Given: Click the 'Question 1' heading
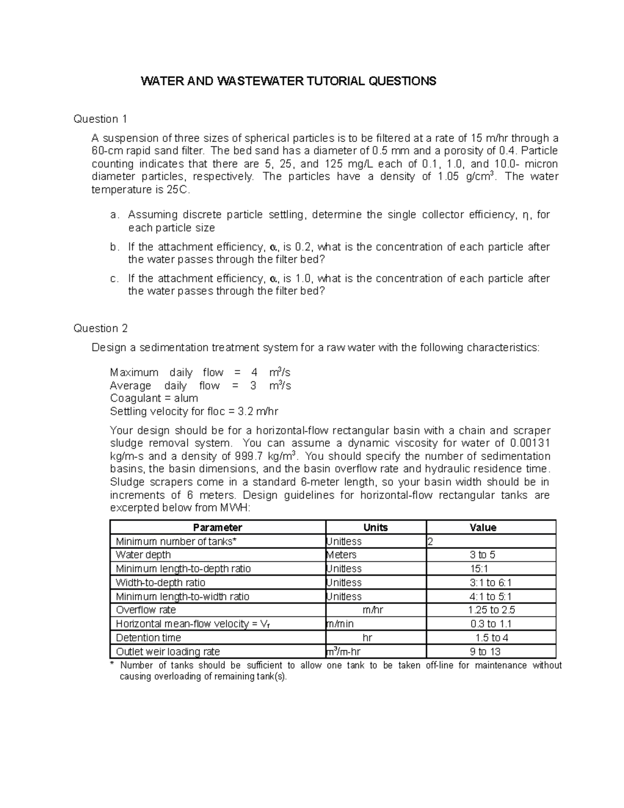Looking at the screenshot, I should (x=100, y=119).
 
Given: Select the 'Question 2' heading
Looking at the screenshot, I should (x=100, y=328).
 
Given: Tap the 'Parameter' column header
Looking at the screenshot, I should (x=217, y=527).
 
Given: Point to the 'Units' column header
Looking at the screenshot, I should (x=375, y=527).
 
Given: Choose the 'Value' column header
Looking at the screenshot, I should (x=483, y=527).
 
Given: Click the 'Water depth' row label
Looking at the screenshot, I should (x=143, y=555).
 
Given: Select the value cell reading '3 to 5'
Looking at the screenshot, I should (x=483, y=555).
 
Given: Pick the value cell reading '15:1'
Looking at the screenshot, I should (x=478, y=569).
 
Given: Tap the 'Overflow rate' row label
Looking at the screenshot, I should (x=146, y=610).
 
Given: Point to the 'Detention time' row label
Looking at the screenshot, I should (x=148, y=638).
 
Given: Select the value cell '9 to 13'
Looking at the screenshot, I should (x=485, y=651).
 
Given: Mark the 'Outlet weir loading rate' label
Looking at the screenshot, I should (x=167, y=651).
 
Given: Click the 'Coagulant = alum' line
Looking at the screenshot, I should (x=154, y=398).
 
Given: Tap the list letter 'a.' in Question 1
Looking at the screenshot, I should (x=114, y=215).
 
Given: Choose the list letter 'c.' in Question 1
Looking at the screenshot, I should (x=114, y=279).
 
